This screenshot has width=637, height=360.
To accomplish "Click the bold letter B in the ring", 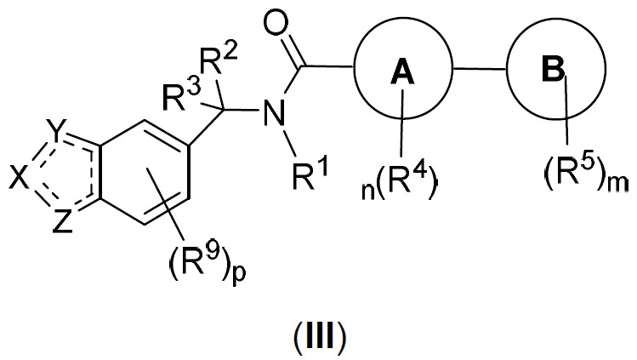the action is tap(554, 69).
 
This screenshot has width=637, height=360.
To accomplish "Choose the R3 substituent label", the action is tap(181, 96).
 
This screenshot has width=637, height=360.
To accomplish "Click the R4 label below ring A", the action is tap(403, 185).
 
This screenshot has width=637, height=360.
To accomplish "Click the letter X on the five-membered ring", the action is tap(20, 179).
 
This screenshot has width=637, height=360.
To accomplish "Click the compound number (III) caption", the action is tap(319, 336).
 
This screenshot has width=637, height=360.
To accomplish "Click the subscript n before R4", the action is tap(368, 191).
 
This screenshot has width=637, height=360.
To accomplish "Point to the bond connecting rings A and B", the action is tap(480, 69).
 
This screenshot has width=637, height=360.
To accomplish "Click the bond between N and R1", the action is tap(293, 143).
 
